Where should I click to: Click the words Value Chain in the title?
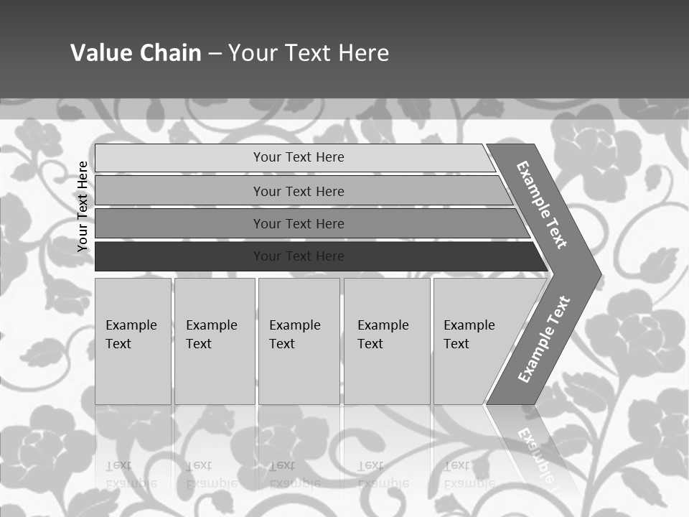pyautogui.click(x=136, y=53)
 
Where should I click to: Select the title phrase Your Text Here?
pyautogui.click(x=309, y=53)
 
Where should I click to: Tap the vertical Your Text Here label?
pyautogui.click(x=83, y=206)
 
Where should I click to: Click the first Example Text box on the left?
pyautogui.click(x=133, y=341)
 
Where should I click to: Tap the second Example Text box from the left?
pyautogui.click(x=214, y=341)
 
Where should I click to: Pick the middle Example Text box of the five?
pyautogui.click(x=299, y=341)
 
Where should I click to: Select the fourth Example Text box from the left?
pyautogui.click(x=387, y=341)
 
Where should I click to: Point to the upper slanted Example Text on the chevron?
pyautogui.click(x=542, y=204)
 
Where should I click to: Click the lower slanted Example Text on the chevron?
pyautogui.click(x=543, y=339)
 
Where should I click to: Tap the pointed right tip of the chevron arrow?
pyautogui.click(x=598, y=274)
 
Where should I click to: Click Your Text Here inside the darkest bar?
pyautogui.click(x=299, y=256)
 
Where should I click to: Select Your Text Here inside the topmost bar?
pyautogui.click(x=299, y=157)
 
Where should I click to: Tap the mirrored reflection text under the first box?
pyautogui.click(x=131, y=475)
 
